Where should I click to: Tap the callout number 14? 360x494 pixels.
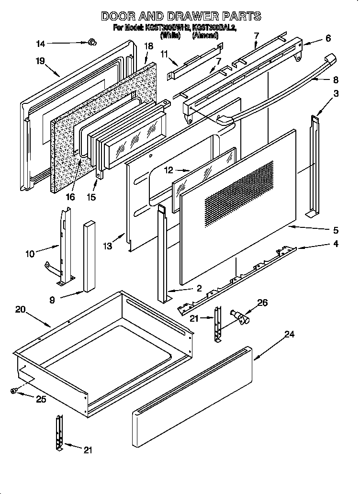[41, 44]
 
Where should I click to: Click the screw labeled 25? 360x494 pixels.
[13, 391]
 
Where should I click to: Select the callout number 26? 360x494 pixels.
[262, 303]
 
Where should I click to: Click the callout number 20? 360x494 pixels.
[20, 309]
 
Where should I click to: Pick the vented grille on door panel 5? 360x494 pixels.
[239, 192]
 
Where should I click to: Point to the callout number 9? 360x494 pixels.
[52, 300]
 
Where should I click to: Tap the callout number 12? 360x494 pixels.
[167, 170]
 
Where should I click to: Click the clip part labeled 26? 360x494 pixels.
[239, 317]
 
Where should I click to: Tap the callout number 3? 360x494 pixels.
[337, 93]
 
